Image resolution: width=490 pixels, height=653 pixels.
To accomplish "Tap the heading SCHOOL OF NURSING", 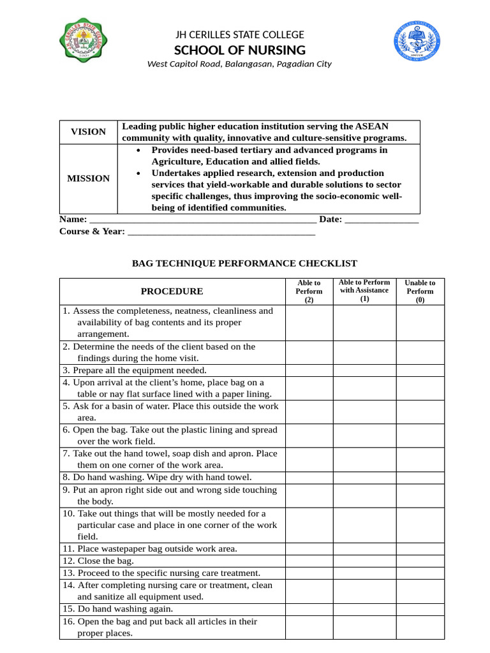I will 240,50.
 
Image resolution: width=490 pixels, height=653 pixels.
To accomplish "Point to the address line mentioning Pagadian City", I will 239,64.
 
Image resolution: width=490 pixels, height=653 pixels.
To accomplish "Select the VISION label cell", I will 88,132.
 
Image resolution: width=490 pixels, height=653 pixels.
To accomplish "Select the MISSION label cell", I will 88,179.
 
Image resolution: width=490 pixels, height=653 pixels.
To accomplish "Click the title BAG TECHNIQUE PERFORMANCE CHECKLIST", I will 244,263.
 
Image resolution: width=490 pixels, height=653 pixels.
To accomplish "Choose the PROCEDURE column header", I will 172,291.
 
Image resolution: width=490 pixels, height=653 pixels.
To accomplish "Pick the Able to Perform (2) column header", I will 309,291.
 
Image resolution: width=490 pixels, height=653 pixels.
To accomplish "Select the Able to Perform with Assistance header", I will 364,291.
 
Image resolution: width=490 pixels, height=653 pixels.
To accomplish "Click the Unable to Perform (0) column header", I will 420,291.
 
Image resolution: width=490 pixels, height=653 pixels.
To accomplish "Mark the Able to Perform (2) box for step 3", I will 309,371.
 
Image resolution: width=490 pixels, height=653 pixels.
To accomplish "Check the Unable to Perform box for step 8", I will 420,477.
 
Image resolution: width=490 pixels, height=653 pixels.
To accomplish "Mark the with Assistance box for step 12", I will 364,561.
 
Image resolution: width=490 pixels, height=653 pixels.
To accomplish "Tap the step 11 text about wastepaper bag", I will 150,548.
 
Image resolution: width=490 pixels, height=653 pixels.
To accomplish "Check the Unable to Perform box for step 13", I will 420,573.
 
